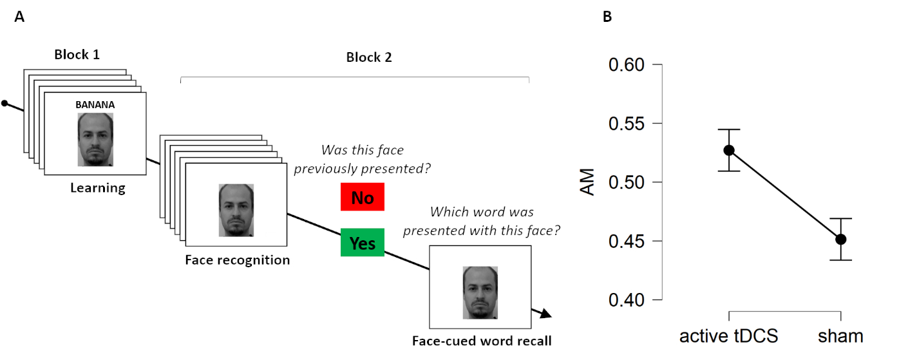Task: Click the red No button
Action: click(363, 197)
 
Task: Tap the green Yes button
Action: click(363, 243)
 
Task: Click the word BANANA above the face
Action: click(95, 104)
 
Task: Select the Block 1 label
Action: click(77, 55)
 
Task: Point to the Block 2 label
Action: click(369, 57)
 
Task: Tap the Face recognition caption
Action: click(237, 260)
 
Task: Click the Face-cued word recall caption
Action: click(482, 341)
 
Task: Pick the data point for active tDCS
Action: click(729, 150)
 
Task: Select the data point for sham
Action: click(840, 240)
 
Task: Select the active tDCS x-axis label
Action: click(729, 336)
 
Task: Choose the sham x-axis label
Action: click(840, 336)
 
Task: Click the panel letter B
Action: click(607, 17)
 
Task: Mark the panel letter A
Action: click(19, 17)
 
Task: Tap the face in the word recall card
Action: click(480, 293)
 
